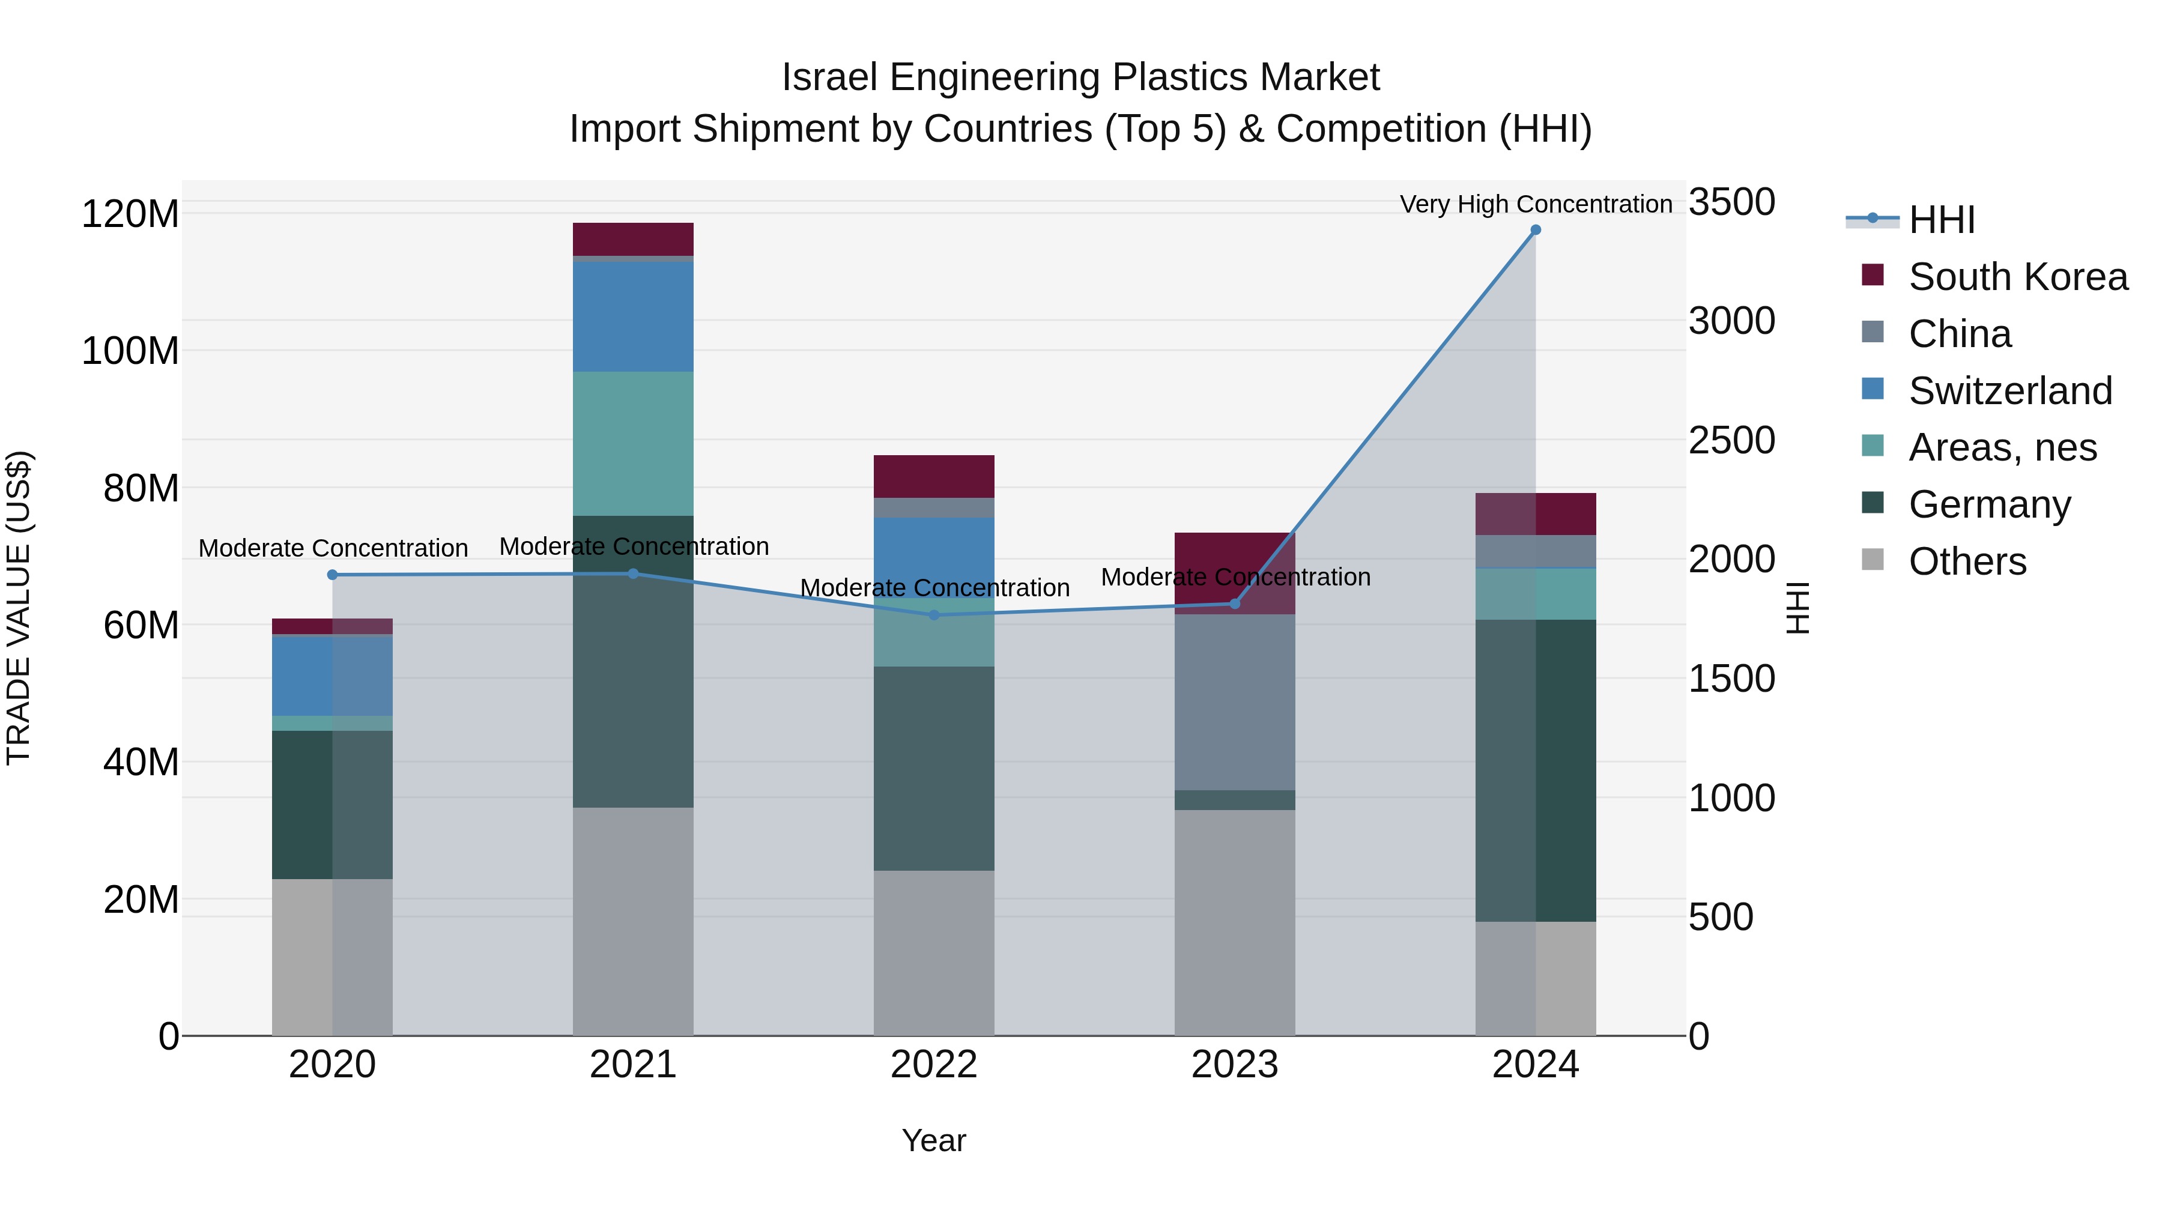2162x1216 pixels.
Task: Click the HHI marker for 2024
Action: (1535, 230)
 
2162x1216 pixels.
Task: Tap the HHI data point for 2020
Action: (332, 575)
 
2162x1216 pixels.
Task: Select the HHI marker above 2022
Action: (934, 615)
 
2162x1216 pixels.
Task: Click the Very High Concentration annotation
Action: (1535, 205)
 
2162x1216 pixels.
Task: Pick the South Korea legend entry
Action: (2018, 277)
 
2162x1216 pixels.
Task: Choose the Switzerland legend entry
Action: (2009, 391)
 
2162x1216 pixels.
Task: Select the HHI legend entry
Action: (1941, 220)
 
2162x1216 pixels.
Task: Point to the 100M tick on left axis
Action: (130, 351)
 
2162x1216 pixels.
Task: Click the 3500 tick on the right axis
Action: (1731, 202)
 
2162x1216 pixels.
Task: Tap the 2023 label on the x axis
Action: (1235, 1065)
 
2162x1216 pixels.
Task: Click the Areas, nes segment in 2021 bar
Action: (633, 443)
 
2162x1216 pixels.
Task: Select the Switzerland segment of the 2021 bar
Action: (633, 316)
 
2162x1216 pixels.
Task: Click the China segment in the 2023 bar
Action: (1235, 701)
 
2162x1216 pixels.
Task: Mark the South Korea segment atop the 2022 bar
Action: (934, 477)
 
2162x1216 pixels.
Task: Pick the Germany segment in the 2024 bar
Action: (1535, 770)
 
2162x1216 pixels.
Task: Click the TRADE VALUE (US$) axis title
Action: (19, 608)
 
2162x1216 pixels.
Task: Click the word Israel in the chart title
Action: (829, 78)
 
